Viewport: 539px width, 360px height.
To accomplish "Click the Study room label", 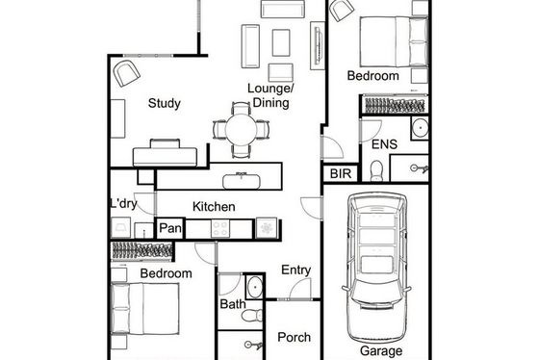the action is click(x=165, y=104).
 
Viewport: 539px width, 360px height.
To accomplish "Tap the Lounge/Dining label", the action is click(x=270, y=95).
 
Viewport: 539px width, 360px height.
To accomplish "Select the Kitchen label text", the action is click(x=214, y=207).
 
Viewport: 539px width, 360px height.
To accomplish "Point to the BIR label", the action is click(x=341, y=174).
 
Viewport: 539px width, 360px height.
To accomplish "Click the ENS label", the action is click(x=385, y=144).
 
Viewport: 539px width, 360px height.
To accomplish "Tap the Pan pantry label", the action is click(x=170, y=228).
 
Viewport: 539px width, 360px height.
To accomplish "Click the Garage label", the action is click(x=381, y=351).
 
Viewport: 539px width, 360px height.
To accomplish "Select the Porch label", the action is click(x=294, y=337).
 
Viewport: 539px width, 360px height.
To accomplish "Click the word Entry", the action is click(x=296, y=270).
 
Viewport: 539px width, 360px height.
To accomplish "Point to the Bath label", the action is click(x=233, y=304).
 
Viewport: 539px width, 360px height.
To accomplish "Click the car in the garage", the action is click(x=376, y=268).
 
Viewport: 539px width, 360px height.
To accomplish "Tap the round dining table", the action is click(x=242, y=130).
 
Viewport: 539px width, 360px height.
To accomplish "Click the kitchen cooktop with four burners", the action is click(x=220, y=228).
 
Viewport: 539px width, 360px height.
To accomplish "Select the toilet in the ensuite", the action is click(x=376, y=170).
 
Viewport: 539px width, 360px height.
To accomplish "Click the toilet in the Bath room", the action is click(x=252, y=316).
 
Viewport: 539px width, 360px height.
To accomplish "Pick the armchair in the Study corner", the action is click(x=126, y=73).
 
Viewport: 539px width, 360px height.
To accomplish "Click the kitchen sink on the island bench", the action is click(x=242, y=181).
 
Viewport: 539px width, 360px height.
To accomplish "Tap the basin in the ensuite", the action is click(x=420, y=128).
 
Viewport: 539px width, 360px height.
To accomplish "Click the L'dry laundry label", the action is click(x=123, y=204).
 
